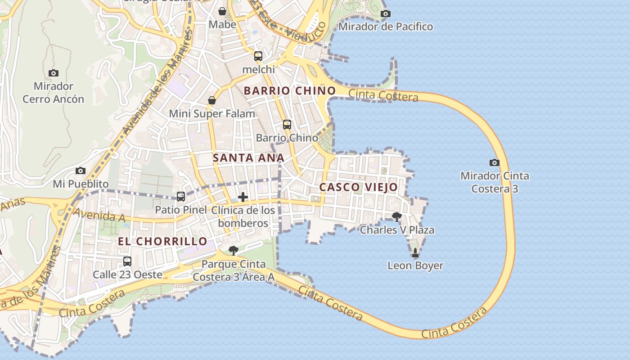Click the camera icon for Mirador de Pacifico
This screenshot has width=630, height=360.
click(386, 13)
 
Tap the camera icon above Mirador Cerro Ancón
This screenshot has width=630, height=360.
click(54, 73)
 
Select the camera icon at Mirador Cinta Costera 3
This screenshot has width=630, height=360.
click(494, 162)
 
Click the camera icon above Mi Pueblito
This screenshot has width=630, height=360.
click(81, 171)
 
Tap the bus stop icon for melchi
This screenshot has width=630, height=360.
click(258, 56)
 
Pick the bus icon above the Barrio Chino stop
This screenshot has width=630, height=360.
click(287, 125)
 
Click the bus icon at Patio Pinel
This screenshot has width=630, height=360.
click(181, 197)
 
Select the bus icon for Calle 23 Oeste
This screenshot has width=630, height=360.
click(127, 261)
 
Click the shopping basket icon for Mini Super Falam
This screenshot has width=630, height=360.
click(211, 100)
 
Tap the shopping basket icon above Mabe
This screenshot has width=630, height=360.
click(222, 11)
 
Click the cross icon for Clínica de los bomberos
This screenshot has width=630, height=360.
click(243, 197)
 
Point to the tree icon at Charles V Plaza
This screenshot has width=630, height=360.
click(396, 217)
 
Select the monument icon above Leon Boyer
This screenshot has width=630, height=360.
click(415, 253)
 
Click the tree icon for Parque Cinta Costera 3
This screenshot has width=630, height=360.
click(233, 251)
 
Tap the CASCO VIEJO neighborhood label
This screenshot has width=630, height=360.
click(359, 187)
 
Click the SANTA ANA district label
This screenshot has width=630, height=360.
click(248, 158)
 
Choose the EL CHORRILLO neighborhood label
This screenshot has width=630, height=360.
click(162, 241)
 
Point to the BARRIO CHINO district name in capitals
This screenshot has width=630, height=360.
click(290, 91)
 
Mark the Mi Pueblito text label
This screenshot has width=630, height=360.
click(81, 184)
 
